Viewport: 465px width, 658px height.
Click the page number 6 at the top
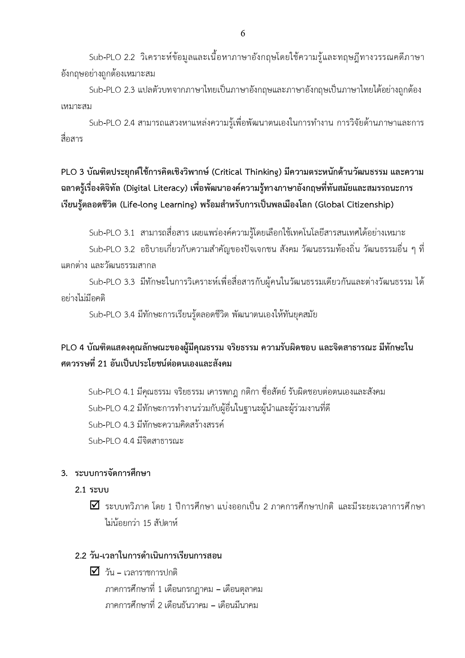(243, 34)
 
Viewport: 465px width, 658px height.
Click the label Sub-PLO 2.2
(112, 57)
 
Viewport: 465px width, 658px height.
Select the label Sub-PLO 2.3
(112, 90)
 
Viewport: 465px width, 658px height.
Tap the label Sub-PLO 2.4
(112, 123)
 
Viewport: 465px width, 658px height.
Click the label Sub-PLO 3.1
(112, 233)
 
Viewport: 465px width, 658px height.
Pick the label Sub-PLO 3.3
(112, 282)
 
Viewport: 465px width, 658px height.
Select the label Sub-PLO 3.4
(112, 314)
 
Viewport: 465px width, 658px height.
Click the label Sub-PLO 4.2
(111, 408)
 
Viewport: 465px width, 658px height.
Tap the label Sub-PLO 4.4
(111, 441)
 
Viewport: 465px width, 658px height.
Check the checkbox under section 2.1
(95, 505)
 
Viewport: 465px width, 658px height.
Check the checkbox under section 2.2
(95, 571)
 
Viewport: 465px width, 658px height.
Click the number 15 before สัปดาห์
(147, 523)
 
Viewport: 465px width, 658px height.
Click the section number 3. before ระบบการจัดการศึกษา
(64, 473)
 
